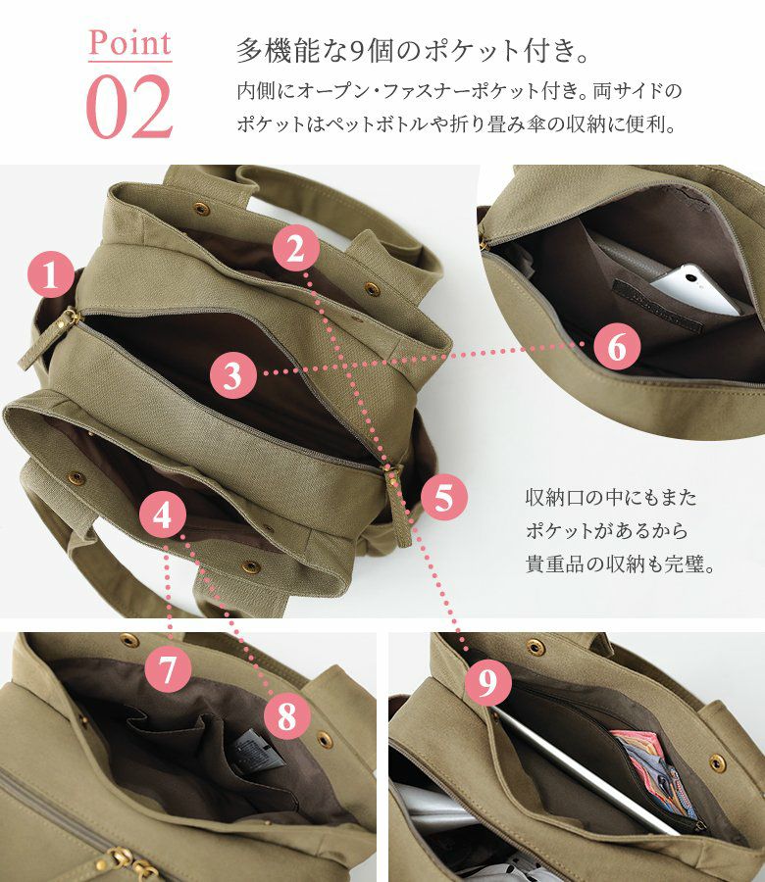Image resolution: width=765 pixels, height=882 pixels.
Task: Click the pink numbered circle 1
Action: tap(51, 275)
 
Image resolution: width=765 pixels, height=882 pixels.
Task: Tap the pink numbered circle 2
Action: tap(296, 250)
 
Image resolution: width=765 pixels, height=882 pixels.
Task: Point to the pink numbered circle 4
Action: tap(163, 514)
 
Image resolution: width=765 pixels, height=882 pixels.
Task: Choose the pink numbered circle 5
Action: tap(444, 497)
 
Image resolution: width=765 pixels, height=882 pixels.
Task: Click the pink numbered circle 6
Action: tap(617, 347)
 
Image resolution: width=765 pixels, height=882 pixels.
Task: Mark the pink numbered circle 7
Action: tap(168, 668)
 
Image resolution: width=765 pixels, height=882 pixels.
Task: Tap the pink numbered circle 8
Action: tap(287, 716)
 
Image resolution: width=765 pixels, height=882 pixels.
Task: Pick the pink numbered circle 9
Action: tap(488, 683)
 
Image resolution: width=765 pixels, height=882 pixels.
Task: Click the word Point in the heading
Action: tap(129, 42)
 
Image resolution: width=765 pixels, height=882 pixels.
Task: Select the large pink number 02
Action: tap(129, 107)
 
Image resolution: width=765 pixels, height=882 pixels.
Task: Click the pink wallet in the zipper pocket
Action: tap(653, 772)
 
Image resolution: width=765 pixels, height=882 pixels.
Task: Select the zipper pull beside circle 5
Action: tap(398, 504)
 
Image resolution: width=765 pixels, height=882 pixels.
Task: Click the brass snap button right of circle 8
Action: tap(325, 739)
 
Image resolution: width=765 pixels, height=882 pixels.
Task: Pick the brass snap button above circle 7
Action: tap(128, 640)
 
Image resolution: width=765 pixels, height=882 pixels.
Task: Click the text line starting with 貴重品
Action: tap(620, 563)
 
